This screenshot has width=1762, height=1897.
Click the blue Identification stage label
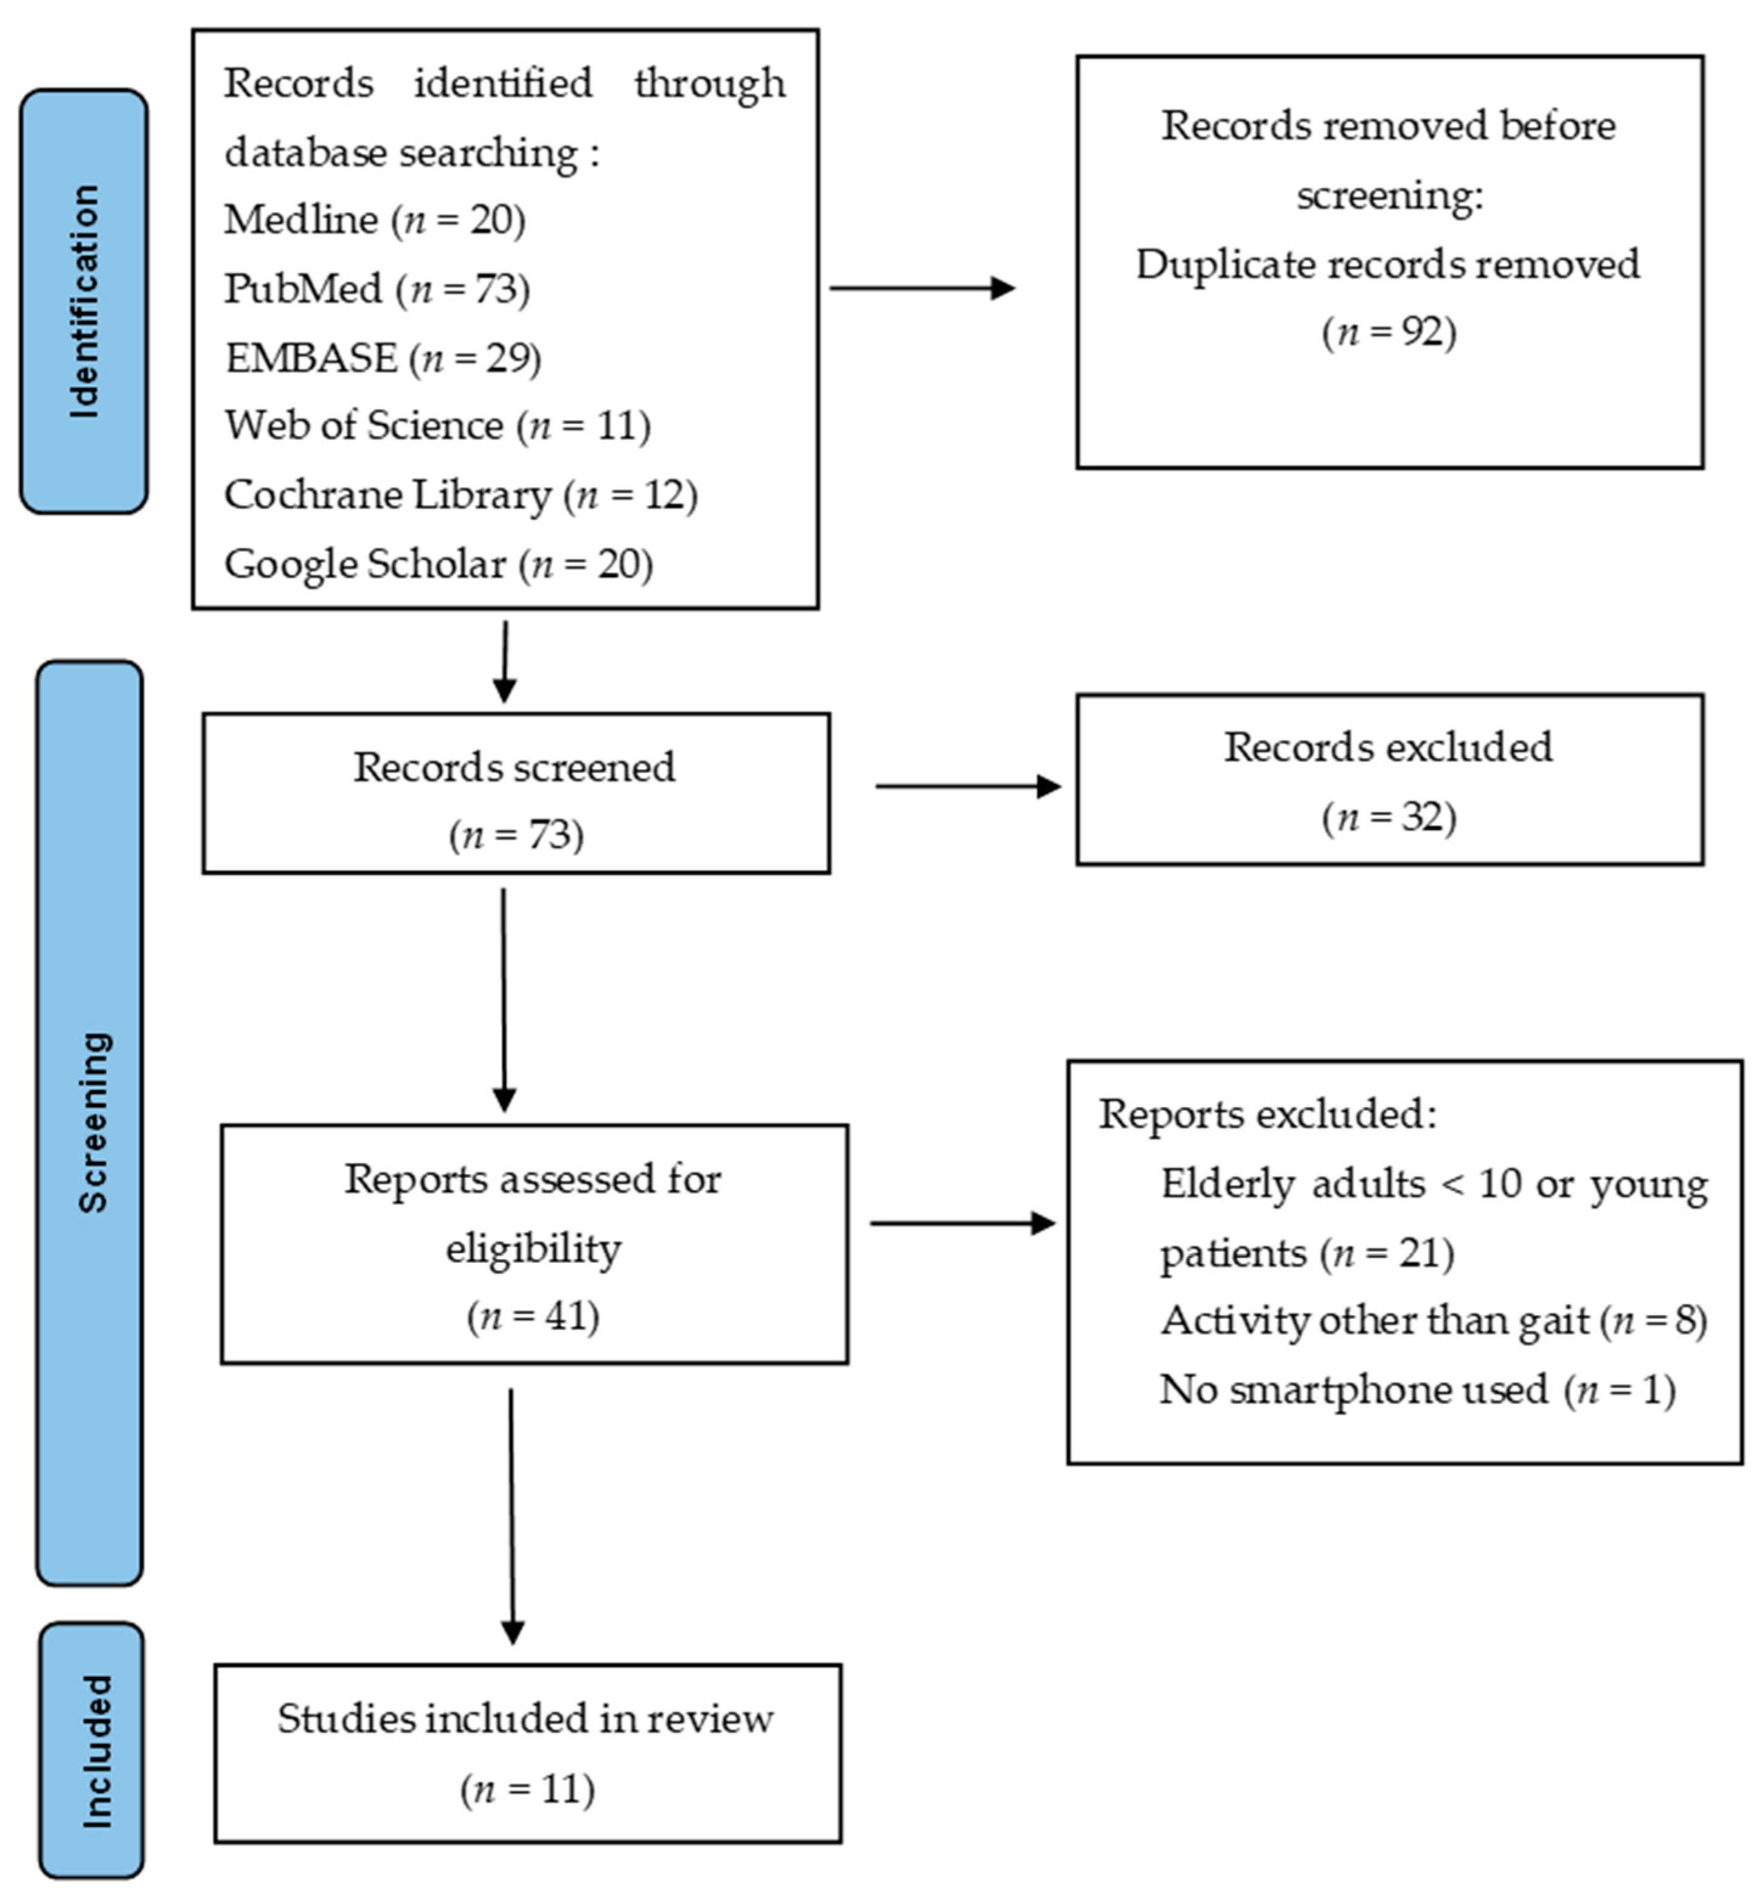tap(84, 301)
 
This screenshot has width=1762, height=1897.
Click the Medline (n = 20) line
tap(375, 220)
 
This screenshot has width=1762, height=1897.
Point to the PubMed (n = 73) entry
tap(376, 289)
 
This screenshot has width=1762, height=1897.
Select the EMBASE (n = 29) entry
tap(383, 359)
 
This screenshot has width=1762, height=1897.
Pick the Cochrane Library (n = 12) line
tap(460, 495)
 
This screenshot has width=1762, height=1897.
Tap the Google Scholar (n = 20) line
tap(439, 564)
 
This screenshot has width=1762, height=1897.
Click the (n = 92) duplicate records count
tap(1388, 332)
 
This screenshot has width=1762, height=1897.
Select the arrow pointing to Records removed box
tap(922, 288)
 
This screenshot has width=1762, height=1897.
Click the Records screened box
tap(515, 792)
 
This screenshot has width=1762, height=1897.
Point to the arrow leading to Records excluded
tap(968, 786)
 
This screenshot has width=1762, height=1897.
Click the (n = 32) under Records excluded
tap(1388, 817)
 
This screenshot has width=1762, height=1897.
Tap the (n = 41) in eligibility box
tap(533, 1316)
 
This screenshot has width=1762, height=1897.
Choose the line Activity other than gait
tap(1432, 1321)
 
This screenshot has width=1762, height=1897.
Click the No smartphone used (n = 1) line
tap(1417, 1390)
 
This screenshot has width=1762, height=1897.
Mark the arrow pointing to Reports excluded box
tap(963, 1223)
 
